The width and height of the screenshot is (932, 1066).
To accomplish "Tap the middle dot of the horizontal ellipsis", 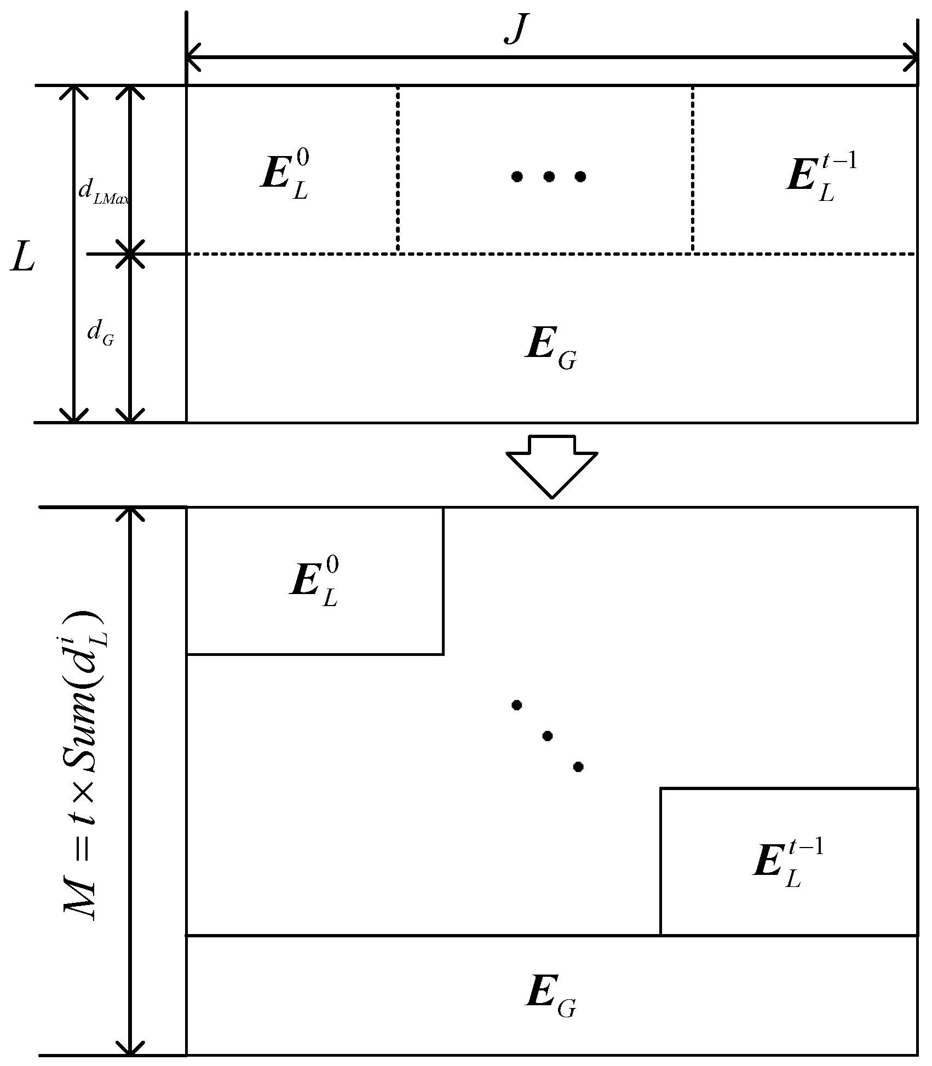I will pos(549,176).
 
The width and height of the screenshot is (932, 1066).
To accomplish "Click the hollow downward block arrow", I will pos(551,465).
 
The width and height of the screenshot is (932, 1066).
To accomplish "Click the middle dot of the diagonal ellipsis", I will pos(547,736).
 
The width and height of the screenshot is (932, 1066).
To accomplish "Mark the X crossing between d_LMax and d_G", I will pos(130,254).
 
